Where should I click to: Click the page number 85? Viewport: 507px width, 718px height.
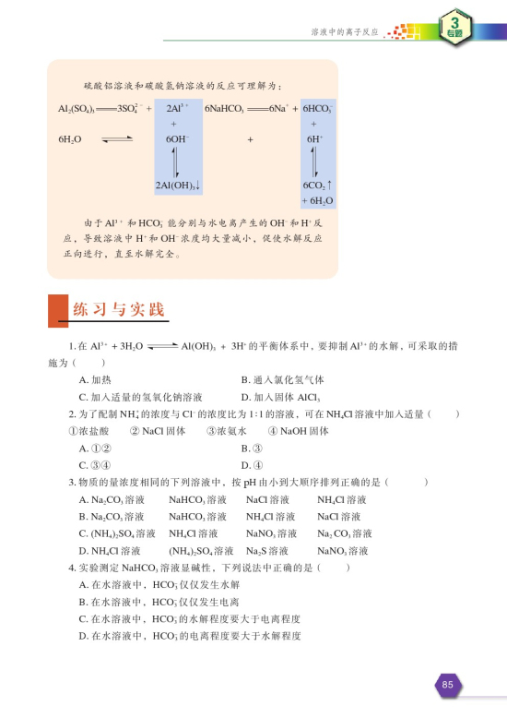click(448, 684)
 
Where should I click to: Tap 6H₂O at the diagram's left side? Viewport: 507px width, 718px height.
click(70, 138)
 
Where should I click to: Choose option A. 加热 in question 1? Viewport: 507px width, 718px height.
click(96, 379)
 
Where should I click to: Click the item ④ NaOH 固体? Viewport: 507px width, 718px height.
click(300, 431)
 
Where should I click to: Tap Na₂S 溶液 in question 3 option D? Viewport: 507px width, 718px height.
click(271, 551)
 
